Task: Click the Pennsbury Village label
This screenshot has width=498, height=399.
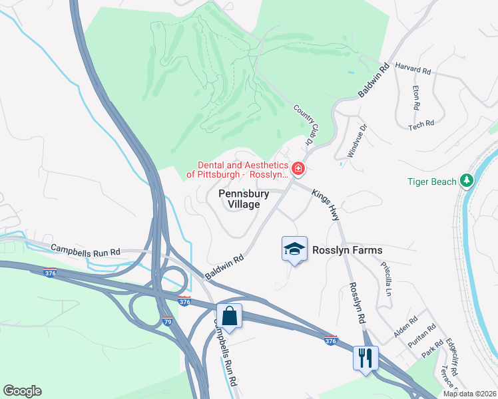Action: pyautogui.click(x=244, y=199)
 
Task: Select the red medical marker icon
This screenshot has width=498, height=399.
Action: pyautogui.click(x=299, y=170)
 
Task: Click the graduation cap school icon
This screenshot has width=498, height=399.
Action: pyautogui.click(x=294, y=249)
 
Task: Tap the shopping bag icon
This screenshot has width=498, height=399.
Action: pyautogui.click(x=229, y=316)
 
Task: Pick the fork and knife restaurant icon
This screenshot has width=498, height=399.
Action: pyautogui.click(x=366, y=358)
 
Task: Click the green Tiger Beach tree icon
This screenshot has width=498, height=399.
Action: pyautogui.click(x=467, y=181)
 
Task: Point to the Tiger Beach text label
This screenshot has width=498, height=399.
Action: pyautogui.click(x=432, y=182)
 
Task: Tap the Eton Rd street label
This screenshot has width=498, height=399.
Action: pyautogui.click(x=415, y=97)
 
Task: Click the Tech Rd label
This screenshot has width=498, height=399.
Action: pyautogui.click(x=421, y=123)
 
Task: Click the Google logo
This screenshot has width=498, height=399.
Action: pyautogui.click(x=22, y=391)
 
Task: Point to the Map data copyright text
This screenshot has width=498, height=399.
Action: pyautogui.click(x=469, y=394)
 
